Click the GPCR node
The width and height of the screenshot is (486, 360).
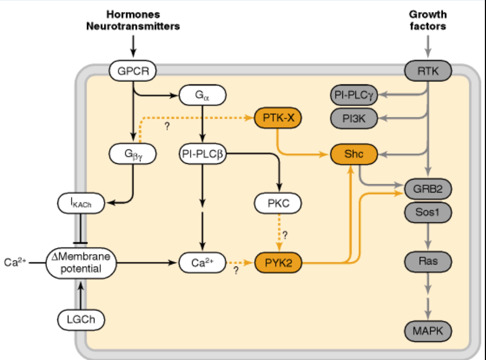click(133, 71)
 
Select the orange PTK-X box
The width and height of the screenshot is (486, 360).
click(279, 118)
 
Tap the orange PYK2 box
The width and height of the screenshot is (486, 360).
click(279, 263)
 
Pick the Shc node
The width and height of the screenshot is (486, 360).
click(353, 154)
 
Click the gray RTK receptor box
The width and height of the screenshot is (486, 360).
click(428, 71)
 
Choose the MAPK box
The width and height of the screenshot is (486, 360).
click(428, 330)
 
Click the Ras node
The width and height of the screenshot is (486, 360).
click(428, 261)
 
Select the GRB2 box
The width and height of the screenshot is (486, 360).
click(428, 189)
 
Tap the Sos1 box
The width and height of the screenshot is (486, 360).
click(428, 212)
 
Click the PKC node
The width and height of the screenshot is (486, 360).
click(279, 203)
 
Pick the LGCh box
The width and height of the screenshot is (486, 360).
click(80, 319)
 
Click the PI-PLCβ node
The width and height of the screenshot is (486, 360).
click(203, 154)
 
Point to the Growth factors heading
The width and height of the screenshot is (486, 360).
click(428, 20)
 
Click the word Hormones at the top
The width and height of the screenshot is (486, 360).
click(133, 15)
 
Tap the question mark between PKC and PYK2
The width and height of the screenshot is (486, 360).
click(285, 234)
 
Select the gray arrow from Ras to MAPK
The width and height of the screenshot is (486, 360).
click(428, 296)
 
